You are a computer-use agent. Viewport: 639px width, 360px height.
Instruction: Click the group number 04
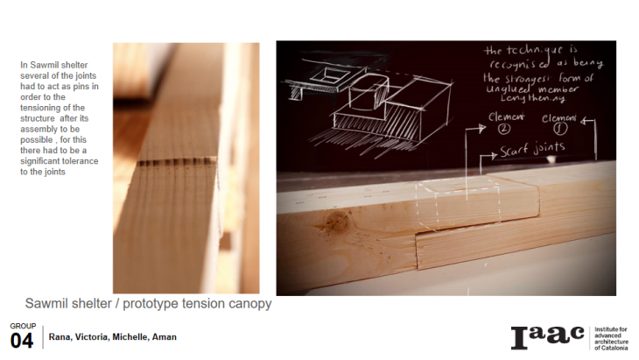(x=22, y=341)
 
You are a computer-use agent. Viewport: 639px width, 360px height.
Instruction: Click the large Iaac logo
(x=547, y=337)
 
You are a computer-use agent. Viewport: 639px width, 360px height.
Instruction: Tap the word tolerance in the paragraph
(x=81, y=161)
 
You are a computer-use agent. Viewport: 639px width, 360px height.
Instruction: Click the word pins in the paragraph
(x=81, y=87)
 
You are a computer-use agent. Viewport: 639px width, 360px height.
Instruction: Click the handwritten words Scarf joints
(x=532, y=149)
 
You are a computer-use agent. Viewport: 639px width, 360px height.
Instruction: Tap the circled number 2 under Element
(x=504, y=129)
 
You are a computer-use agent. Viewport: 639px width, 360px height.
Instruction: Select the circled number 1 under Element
(x=560, y=129)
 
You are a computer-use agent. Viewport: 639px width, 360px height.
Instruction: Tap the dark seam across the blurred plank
(x=177, y=162)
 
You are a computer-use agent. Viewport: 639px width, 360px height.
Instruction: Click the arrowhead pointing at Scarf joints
(x=495, y=155)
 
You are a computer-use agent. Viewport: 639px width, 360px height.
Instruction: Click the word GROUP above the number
(x=23, y=326)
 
